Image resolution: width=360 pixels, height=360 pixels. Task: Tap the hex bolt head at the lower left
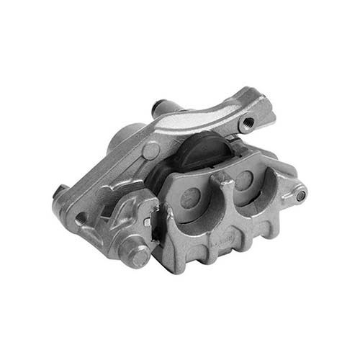(x=136, y=251)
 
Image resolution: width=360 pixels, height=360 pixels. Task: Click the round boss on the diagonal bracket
(x=150, y=150)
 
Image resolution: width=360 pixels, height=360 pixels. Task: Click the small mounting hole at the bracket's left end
(x=81, y=216)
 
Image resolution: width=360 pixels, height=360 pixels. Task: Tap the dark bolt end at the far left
(x=58, y=192)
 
